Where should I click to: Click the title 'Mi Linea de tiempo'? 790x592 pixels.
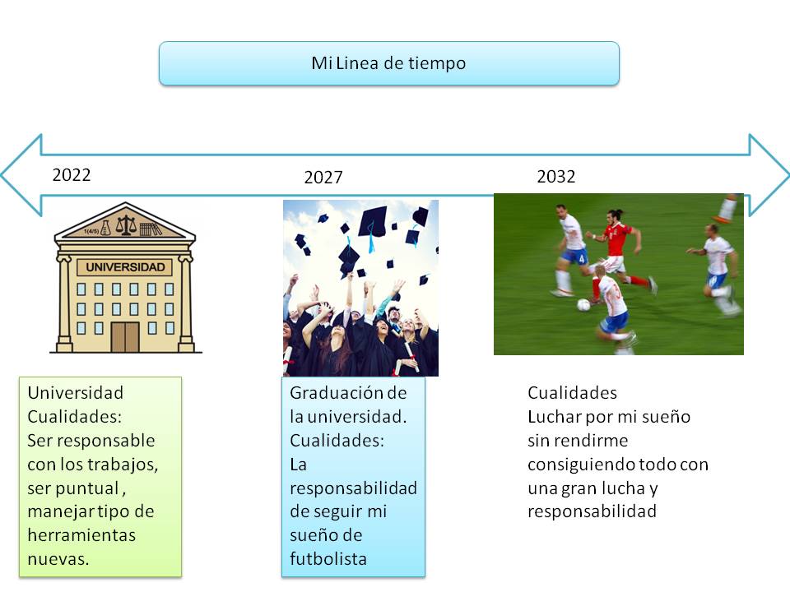tap(388, 63)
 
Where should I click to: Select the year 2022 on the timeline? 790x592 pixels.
tap(72, 174)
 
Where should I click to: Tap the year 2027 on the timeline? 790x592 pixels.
tap(323, 178)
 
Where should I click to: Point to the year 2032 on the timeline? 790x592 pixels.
tap(555, 176)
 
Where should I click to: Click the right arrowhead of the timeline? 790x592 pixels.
tap(769, 175)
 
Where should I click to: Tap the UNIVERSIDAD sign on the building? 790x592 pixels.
tap(125, 266)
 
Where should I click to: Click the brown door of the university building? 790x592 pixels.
tap(125, 337)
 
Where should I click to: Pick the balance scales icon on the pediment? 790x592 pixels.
tap(126, 225)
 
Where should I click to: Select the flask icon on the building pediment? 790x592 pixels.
tap(105, 228)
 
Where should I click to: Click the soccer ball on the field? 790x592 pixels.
tap(583, 304)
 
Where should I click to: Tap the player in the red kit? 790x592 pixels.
tap(619, 255)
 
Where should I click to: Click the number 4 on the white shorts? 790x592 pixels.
tap(582, 259)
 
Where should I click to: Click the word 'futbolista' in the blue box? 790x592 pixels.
tap(328, 559)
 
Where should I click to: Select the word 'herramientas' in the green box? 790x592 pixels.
tap(81, 535)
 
